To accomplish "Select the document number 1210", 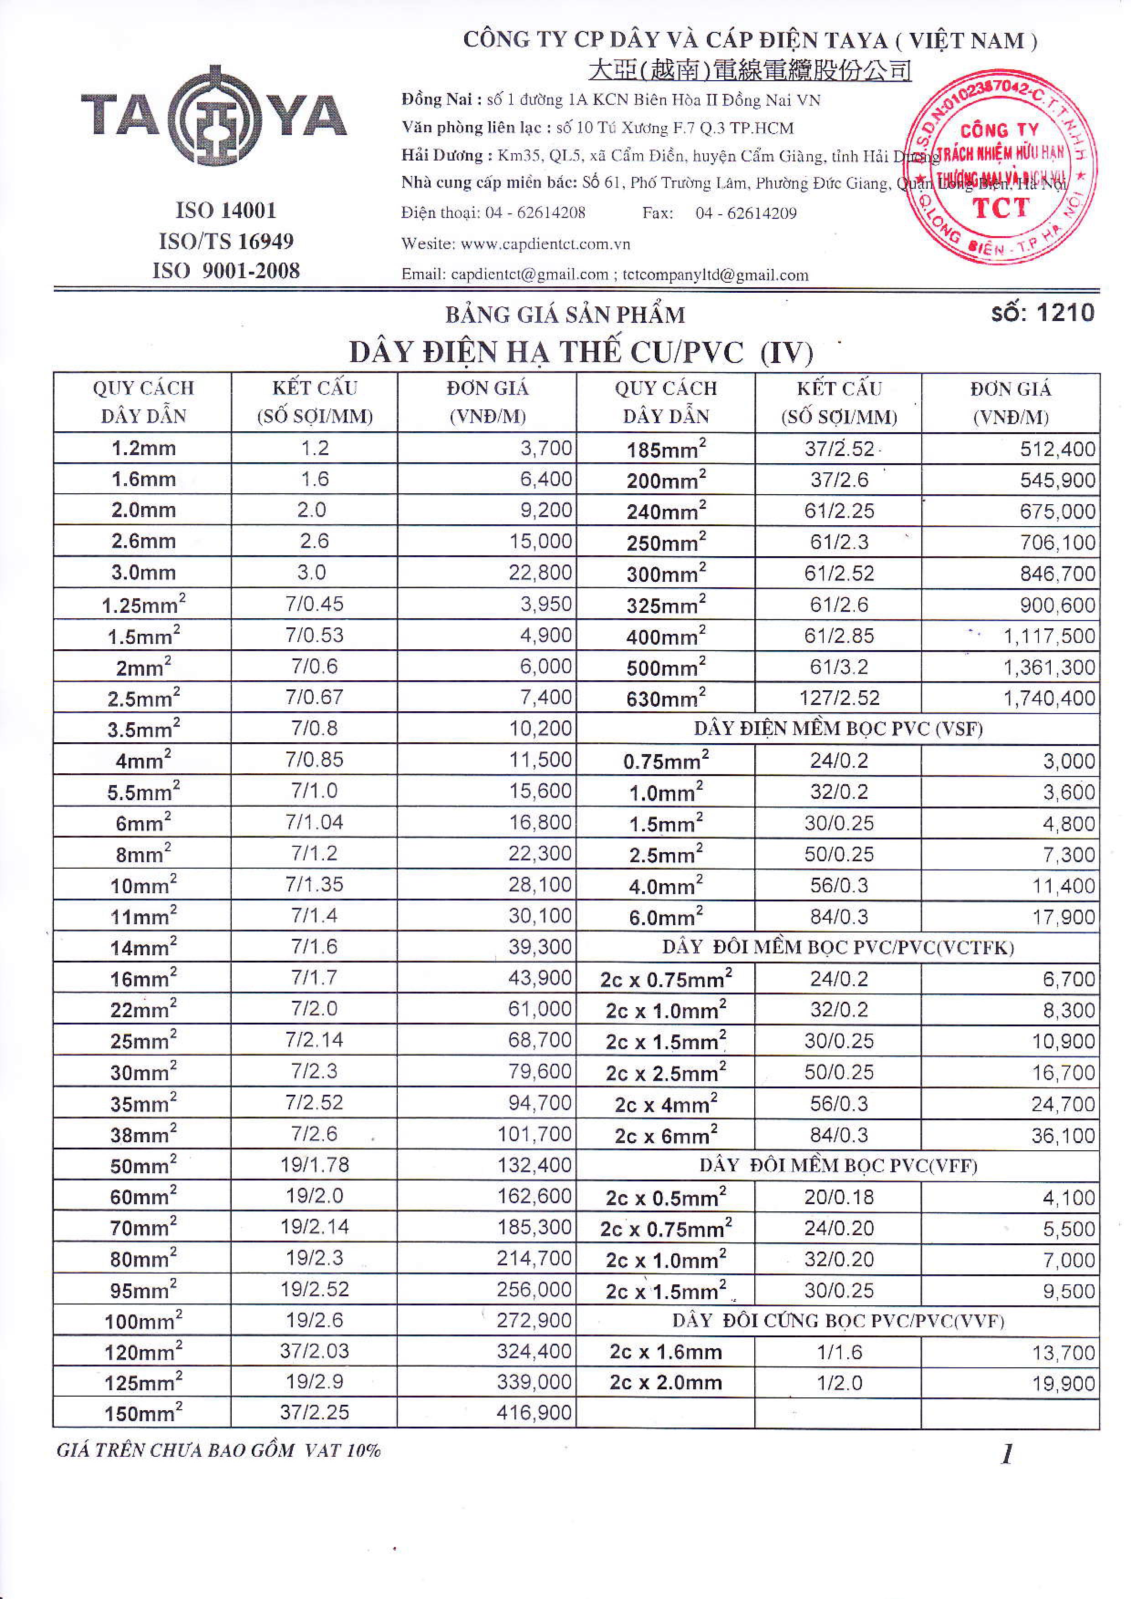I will point(1043,313).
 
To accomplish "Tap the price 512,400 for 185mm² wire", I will point(1057,449).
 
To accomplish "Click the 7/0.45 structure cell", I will point(314,604).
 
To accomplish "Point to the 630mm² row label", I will point(666,698).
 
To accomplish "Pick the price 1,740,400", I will point(1049,698).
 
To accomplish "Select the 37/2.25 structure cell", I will point(314,1413).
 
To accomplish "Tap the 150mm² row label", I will point(143,1413).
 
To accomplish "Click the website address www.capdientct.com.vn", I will point(545,244).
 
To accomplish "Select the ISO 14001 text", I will point(226,210).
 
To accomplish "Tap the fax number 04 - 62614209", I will point(746,213).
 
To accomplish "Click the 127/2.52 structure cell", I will point(839,698).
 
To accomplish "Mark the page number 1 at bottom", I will point(1006,1454).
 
